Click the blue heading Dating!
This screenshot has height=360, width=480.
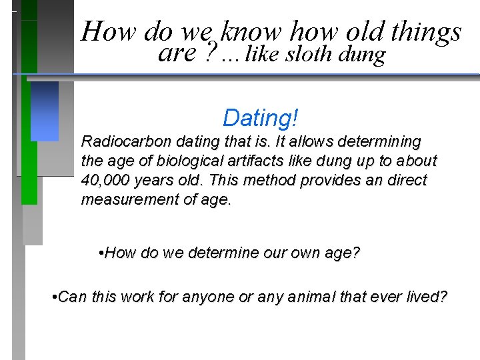(x=261, y=118)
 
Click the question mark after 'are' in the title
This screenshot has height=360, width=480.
(x=211, y=54)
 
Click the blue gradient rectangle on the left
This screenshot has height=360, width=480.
(x=45, y=111)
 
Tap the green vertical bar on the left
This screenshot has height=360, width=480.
(x=29, y=133)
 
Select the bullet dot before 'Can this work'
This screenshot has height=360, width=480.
(x=54, y=297)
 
